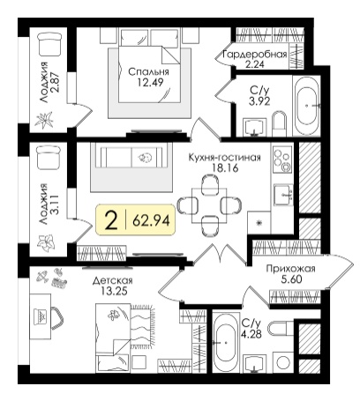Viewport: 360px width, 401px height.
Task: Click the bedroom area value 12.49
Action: pos(150,82)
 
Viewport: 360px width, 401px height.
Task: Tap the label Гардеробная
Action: pos(255,55)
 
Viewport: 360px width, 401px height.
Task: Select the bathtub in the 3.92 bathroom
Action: pos(308,106)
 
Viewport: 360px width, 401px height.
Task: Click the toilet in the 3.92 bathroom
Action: pos(279,123)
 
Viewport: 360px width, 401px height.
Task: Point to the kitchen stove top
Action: pos(282,160)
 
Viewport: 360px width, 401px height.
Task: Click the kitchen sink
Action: pos(283,195)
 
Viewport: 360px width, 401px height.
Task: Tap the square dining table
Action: pos(209,205)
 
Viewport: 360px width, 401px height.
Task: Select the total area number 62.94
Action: pos(151,220)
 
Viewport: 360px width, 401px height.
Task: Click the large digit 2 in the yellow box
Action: pos(112,221)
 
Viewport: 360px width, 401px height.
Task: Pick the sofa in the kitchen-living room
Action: pos(131,158)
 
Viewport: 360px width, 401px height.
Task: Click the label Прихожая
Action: pos(290,269)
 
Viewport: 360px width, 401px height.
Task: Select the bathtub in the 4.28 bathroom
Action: pos(225,342)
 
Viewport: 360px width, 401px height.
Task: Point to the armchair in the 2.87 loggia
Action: pos(49,44)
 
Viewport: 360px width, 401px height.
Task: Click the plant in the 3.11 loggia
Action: pos(46,241)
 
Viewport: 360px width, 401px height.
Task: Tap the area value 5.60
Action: pos(291,279)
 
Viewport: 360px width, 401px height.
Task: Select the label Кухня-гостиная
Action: pos(225,158)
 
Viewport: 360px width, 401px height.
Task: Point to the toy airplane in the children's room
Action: pos(43,277)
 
